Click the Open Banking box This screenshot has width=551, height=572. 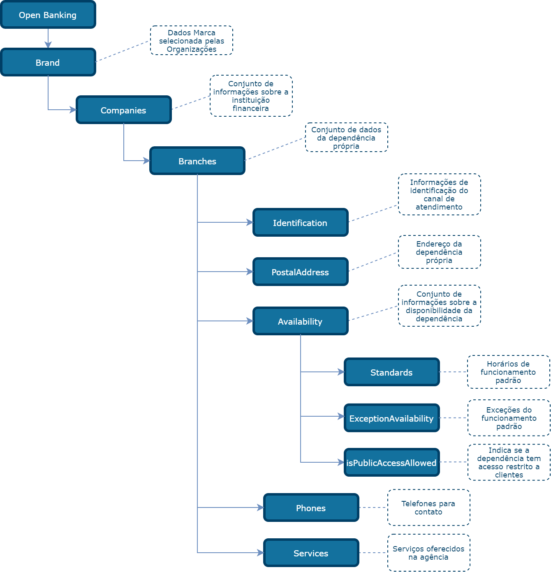tap(48, 15)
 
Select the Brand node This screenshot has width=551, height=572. tap(48, 62)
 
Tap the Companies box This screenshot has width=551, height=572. tap(124, 110)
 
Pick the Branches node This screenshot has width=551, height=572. tap(197, 161)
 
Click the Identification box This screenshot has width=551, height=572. tap(301, 223)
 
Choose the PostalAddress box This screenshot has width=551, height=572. tap(301, 272)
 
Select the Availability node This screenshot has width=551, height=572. tap(301, 321)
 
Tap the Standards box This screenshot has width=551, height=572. tap(392, 372)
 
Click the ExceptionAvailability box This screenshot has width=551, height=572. tap(392, 418)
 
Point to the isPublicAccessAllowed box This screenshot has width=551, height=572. tap(392, 463)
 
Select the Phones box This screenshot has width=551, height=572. tap(311, 508)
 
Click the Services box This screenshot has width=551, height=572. tap(311, 553)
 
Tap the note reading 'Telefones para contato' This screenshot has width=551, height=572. tap(428, 507)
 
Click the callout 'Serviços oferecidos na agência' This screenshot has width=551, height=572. tap(428, 553)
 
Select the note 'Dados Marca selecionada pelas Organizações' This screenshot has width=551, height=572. tap(192, 41)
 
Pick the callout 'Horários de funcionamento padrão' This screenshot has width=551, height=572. tap(508, 372)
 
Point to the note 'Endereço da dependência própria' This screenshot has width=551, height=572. tap(439, 252)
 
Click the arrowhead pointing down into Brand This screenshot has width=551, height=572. tap(48, 45)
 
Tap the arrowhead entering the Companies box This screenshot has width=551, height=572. tap(73, 110)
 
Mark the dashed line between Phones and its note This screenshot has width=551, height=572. tap(373, 507)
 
